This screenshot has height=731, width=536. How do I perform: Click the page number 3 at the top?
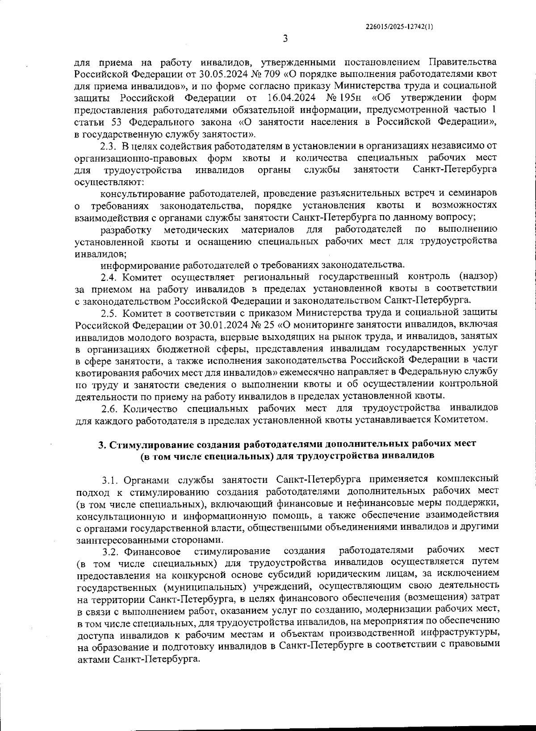point(285,39)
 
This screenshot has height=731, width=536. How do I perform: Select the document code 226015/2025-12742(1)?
point(399,26)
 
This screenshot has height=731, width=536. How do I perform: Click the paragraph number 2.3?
point(108,146)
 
